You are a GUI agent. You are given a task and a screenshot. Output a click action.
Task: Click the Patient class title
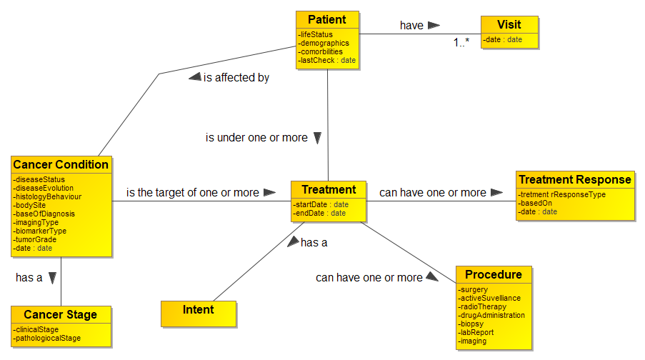click(x=326, y=19)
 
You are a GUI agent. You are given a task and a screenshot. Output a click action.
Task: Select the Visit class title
click(x=510, y=24)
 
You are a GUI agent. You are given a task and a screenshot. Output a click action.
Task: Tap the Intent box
click(x=198, y=309)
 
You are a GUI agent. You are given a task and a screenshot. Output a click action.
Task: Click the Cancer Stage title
click(x=60, y=314)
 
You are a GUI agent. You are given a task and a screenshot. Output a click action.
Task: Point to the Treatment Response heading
click(x=574, y=179)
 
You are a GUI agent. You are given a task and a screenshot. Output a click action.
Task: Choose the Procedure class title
click(x=493, y=274)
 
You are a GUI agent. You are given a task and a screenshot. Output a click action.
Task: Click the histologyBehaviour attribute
click(x=48, y=196)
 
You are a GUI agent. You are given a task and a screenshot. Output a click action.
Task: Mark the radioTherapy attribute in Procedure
click(x=483, y=306)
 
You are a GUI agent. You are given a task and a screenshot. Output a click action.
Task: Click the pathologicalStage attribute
click(x=49, y=338)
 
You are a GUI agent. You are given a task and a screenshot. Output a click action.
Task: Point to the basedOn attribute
click(x=536, y=203)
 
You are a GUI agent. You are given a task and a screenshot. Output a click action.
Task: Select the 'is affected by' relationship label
click(x=236, y=77)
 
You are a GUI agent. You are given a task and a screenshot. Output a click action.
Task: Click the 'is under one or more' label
click(x=256, y=137)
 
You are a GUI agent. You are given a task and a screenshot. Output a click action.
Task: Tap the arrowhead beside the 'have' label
click(x=434, y=25)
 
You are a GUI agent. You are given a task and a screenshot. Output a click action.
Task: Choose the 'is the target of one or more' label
click(x=193, y=192)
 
